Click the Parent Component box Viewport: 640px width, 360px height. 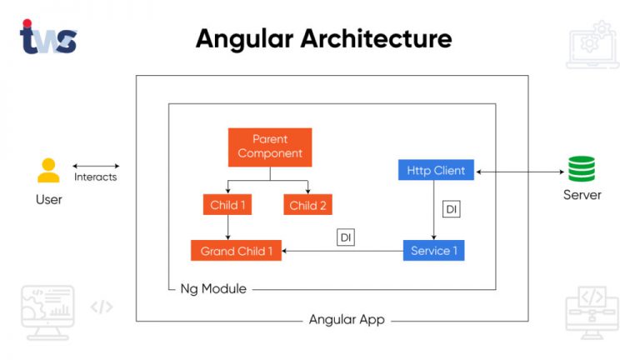(x=269, y=147)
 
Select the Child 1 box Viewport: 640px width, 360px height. (x=227, y=205)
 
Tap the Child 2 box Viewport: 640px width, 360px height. (x=308, y=205)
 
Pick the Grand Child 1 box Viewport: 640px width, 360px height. (x=237, y=250)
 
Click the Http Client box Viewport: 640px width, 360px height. (x=436, y=171)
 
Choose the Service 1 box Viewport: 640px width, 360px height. (x=433, y=250)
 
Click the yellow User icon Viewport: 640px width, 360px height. (x=48, y=170)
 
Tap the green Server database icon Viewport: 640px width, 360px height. (x=582, y=169)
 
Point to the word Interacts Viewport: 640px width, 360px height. (x=96, y=177)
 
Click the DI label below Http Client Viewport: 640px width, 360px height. (x=451, y=209)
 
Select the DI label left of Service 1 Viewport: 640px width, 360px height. (x=346, y=237)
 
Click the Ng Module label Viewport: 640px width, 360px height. (x=213, y=289)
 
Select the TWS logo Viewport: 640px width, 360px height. (x=47, y=37)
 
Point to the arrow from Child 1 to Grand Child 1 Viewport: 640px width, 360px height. (x=227, y=227)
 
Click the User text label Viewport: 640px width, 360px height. (x=48, y=200)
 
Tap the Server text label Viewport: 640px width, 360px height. (x=582, y=195)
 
